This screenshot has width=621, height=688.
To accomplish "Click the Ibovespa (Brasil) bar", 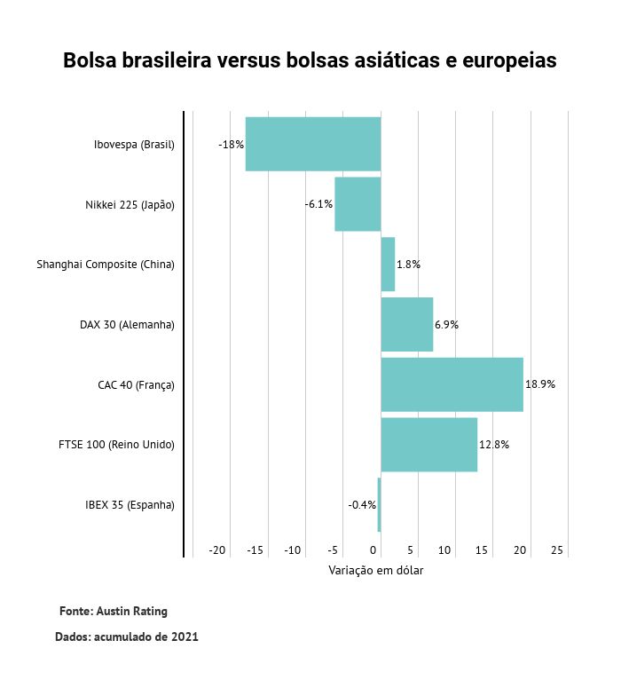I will pyautogui.click(x=313, y=144).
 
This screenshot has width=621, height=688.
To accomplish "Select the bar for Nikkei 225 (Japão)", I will pyautogui.click(x=358, y=204).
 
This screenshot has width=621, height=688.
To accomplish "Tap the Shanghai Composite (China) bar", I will pyautogui.click(x=388, y=265).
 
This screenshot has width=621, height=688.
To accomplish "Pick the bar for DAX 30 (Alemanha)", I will pyautogui.click(x=407, y=324).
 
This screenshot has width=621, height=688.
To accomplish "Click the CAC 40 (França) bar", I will pyautogui.click(x=452, y=384).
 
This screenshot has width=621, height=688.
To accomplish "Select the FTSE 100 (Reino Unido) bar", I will pyautogui.click(x=429, y=445).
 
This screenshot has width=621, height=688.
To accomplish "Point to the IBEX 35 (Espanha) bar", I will pyautogui.click(x=379, y=504).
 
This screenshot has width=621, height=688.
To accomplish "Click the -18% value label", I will pyautogui.click(x=231, y=144).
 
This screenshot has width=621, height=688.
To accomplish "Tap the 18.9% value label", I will pyautogui.click(x=540, y=384).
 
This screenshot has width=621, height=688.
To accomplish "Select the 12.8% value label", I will pyautogui.click(x=494, y=445).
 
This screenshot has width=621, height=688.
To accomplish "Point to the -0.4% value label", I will pyautogui.click(x=362, y=505).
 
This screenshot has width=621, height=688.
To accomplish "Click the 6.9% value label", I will pyautogui.click(x=446, y=325).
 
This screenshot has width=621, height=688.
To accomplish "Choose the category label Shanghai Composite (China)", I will pyautogui.click(x=106, y=265).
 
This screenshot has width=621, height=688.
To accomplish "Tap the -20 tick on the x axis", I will pyautogui.click(x=217, y=551).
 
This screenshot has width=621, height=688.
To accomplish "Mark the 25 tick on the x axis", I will pyautogui.click(x=557, y=551).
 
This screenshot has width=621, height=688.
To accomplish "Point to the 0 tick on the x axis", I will pyautogui.click(x=373, y=551).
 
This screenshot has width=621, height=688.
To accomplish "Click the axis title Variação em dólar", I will pyautogui.click(x=376, y=571).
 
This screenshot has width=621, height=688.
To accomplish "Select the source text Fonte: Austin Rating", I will pyautogui.click(x=113, y=612).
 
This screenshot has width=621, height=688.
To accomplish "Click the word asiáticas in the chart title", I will pyautogui.click(x=395, y=61).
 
